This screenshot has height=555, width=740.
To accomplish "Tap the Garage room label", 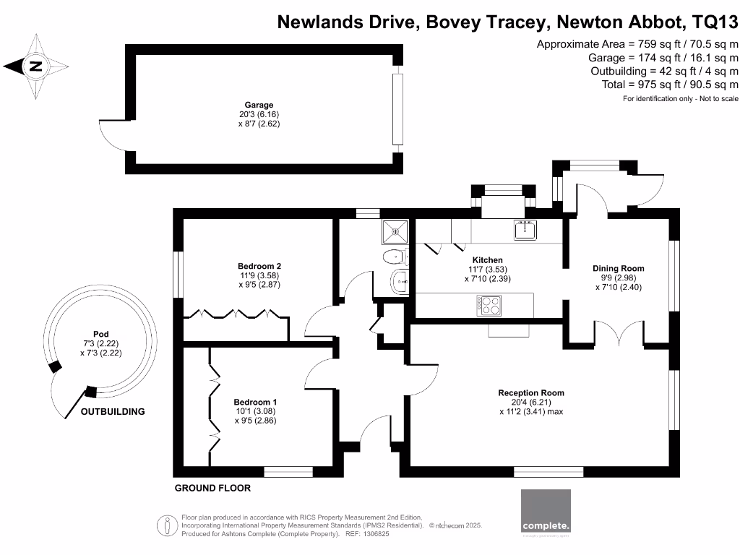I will [x=258, y=105].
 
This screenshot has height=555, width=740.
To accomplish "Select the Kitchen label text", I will [x=487, y=260].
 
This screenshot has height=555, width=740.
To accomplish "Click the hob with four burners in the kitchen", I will [x=489, y=307].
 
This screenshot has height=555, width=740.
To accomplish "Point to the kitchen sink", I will [x=524, y=230].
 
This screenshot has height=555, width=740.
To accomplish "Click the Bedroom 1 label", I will [x=255, y=402].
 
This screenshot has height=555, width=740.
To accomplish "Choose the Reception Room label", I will [x=530, y=393].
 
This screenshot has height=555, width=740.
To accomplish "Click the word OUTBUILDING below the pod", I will [x=112, y=412].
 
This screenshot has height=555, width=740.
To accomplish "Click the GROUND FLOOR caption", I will [x=212, y=489].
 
